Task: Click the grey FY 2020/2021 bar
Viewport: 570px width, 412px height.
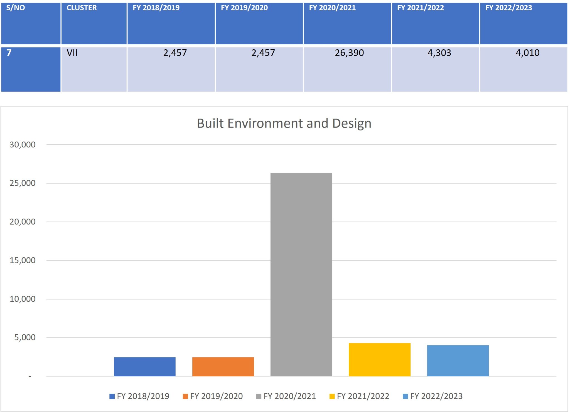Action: pyautogui.click(x=301, y=274)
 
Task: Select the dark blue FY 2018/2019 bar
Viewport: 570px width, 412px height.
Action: pyautogui.click(x=145, y=367)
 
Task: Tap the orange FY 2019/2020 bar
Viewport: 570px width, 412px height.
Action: pyautogui.click(x=223, y=367)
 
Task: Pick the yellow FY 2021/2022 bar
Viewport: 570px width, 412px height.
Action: pyautogui.click(x=380, y=360)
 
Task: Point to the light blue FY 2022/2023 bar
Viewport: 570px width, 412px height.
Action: pyautogui.click(x=458, y=361)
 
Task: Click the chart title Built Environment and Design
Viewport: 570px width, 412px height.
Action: pyautogui.click(x=284, y=123)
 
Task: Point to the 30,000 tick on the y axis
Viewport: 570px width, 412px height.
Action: pyautogui.click(x=23, y=145)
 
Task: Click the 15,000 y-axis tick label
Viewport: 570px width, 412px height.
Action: pyautogui.click(x=23, y=260)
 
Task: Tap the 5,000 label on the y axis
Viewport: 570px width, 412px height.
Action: pyautogui.click(x=25, y=337)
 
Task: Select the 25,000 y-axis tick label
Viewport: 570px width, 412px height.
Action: pyautogui.click(x=23, y=183)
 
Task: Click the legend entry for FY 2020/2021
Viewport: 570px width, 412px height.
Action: pyautogui.click(x=286, y=396)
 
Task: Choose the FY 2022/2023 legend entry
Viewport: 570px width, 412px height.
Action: pyautogui.click(x=433, y=396)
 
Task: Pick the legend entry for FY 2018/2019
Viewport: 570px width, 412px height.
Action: pyautogui.click(x=139, y=396)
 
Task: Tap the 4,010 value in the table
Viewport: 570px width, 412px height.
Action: pyautogui.click(x=527, y=53)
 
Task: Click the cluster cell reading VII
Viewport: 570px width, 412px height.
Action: pyautogui.click(x=72, y=53)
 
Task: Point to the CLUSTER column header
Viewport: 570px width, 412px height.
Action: pyautogui.click(x=82, y=8)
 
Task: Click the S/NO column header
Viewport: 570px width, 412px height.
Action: pyautogui.click(x=16, y=8)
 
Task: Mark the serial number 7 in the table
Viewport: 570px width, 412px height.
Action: pyautogui.click(x=9, y=53)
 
